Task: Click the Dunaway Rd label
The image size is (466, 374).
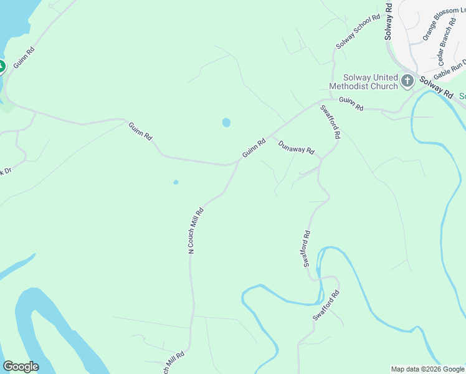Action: [x=297, y=148]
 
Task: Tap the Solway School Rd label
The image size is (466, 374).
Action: [x=358, y=32]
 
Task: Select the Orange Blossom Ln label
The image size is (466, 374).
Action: [x=440, y=24]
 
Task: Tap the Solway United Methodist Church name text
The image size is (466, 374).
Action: [x=363, y=82]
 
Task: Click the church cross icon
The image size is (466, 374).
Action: [x=407, y=80]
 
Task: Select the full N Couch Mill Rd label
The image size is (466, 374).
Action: [x=196, y=230]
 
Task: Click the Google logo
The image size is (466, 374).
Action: [x=21, y=367]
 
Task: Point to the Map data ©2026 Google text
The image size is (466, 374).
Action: [x=427, y=369]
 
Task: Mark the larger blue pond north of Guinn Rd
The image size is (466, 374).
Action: [x=226, y=123]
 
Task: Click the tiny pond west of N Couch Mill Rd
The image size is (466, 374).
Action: [x=176, y=183]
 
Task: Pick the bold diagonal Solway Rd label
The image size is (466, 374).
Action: [x=436, y=86]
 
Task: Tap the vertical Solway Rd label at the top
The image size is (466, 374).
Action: [x=388, y=21]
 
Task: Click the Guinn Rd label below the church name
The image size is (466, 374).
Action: [x=351, y=103]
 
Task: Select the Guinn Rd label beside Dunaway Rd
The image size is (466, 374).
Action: [x=254, y=148]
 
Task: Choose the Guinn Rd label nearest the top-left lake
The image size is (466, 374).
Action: [x=23, y=57]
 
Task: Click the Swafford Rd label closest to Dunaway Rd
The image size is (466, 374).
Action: [x=331, y=121]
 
